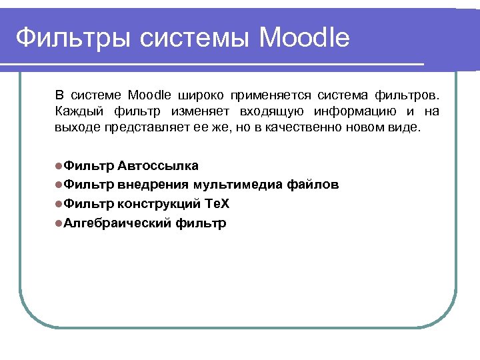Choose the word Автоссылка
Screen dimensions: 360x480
point(158,165)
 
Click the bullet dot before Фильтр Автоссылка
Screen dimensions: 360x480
point(59,166)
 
